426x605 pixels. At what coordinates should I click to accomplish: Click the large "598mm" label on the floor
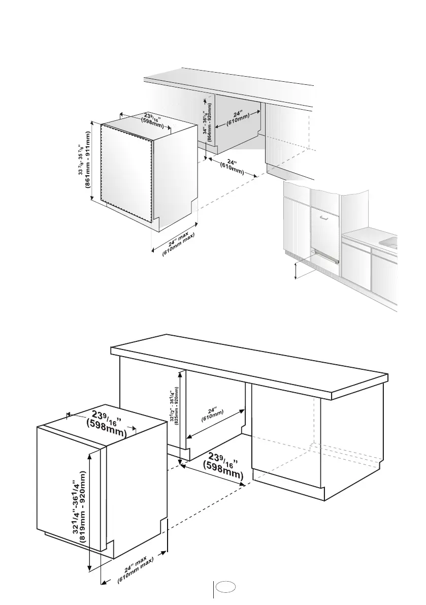coord(223,470)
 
